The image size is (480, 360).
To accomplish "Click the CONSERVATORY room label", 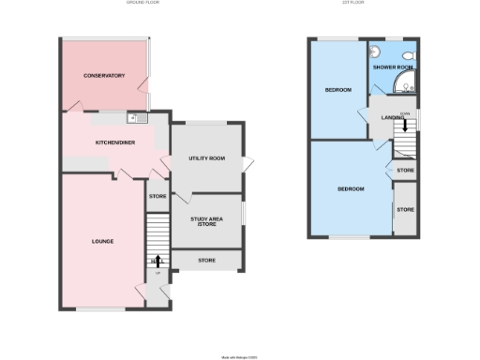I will point(104,75).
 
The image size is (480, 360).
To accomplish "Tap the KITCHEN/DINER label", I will point(114,142).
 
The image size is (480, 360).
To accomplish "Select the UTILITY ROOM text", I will point(207,158).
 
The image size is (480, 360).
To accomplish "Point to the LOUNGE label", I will point(103,241).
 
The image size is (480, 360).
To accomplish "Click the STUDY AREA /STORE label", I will point(207,221).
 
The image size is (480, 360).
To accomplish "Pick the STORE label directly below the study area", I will point(207,260).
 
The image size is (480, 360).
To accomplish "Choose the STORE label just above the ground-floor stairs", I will point(157,197).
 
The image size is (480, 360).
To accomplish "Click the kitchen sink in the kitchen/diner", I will point(134,117).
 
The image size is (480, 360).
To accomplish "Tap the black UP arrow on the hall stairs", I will point(157,260).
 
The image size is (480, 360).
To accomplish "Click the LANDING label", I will point(393,116).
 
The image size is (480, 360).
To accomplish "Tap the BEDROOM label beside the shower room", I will point(338,90).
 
